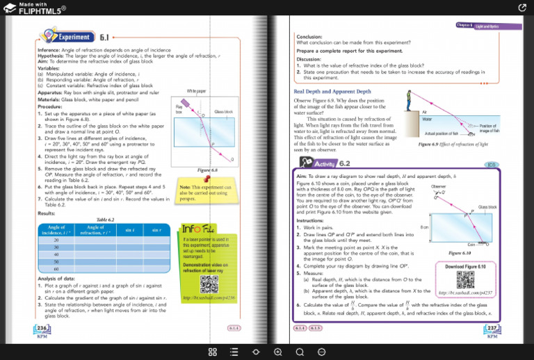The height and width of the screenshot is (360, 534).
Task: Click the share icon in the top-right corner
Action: coord(522,7)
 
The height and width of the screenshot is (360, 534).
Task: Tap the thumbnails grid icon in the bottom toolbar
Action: coord(213,352)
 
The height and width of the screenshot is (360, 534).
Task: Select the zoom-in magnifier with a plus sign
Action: coord(277,352)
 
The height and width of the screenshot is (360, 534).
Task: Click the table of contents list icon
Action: coord(234,352)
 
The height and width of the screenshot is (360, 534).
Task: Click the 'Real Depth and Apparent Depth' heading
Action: coord(332,91)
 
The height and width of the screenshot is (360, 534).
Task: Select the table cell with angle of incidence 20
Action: coord(56,240)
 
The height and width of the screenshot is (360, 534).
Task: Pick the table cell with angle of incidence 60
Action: coord(56,268)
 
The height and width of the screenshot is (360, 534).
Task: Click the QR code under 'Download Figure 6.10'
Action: coord(466,279)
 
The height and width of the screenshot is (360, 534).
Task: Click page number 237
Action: coord(492,329)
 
